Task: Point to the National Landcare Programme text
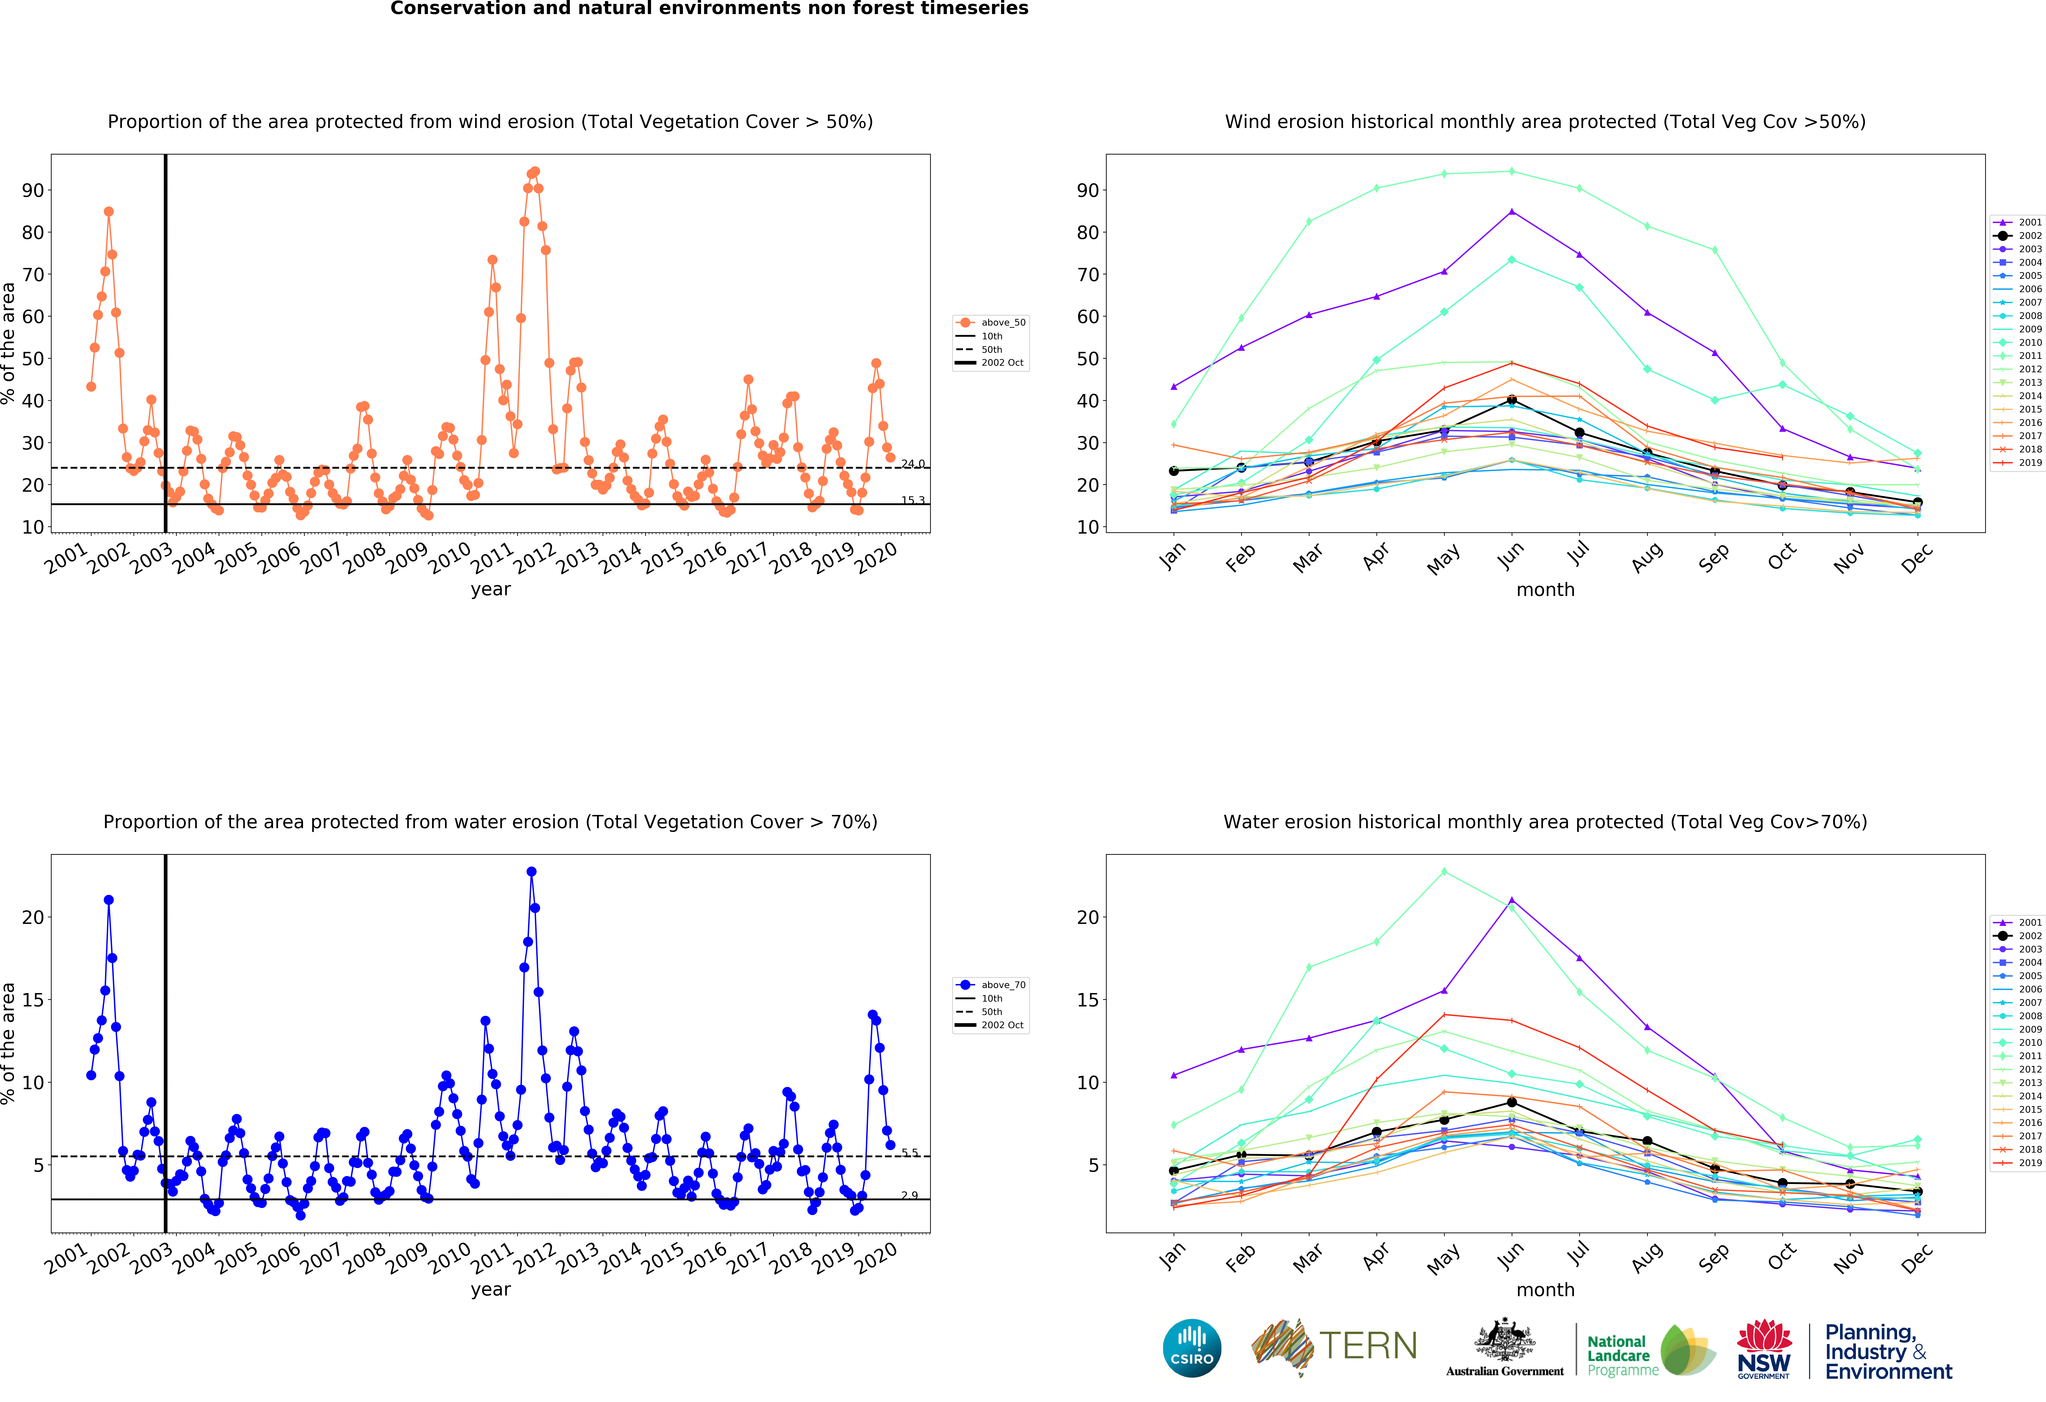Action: coord(1618,1355)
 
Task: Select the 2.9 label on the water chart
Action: coord(910,1195)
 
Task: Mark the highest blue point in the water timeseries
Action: coord(531,871)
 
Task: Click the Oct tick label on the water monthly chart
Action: coord(1781,1256)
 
